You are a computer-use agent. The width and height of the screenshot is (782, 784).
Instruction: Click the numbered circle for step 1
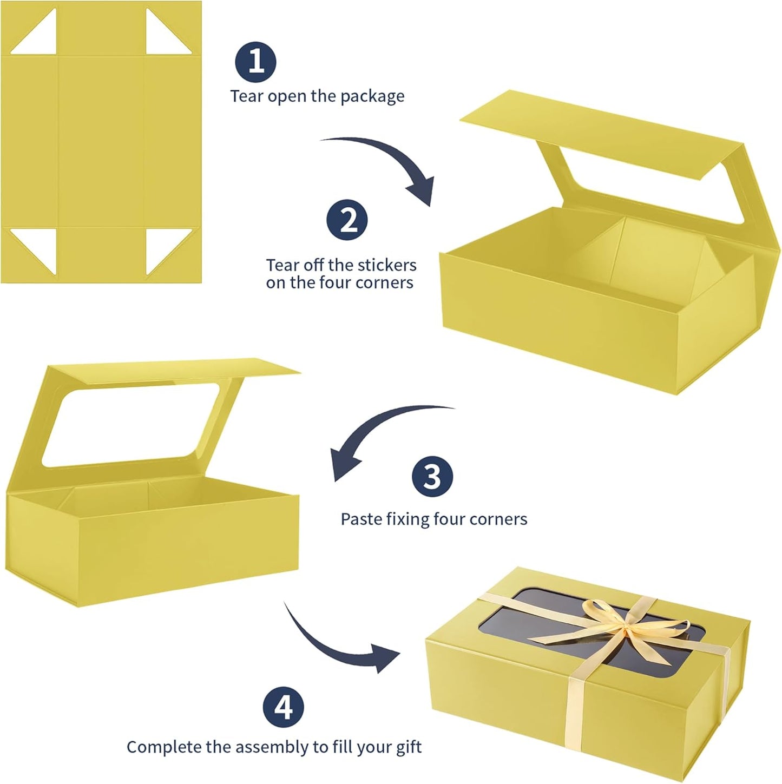[x=256, y=62]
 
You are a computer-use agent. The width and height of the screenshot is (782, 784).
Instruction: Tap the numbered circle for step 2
[x=346, y=221]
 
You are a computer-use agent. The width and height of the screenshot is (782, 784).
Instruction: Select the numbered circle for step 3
[x=432, y=477]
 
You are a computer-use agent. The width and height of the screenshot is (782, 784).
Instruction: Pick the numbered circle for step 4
[x=284, y=707]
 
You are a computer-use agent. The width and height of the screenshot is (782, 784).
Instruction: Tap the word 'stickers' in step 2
[x=387, y=265]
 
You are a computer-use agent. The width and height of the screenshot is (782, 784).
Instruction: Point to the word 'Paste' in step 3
[x=360, y=519]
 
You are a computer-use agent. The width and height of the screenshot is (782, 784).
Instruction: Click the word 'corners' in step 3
[x=498, y=519]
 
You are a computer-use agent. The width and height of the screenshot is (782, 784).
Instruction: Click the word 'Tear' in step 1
[x=247, y=96]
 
